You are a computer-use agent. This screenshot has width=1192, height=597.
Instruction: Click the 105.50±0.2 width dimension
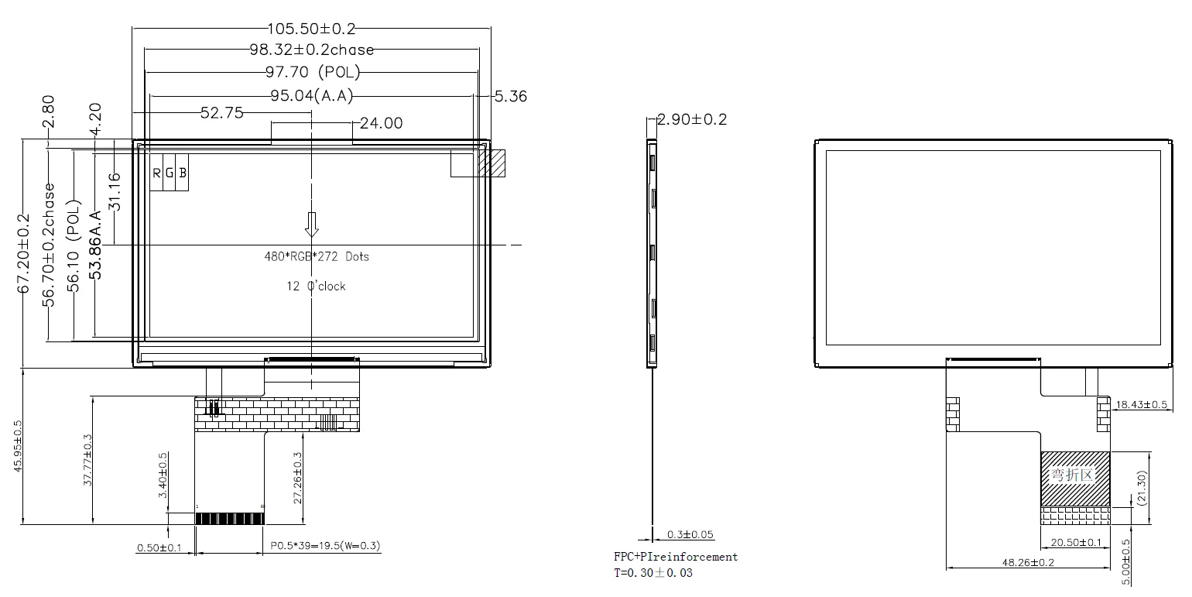click(x=311, y=29)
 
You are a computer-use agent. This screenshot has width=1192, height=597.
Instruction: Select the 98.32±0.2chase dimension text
click(x=311, y=50)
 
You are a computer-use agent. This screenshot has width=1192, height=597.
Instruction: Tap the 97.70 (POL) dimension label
click(x=311, y=73)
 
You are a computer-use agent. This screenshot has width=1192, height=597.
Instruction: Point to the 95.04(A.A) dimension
click(x=311, y=96)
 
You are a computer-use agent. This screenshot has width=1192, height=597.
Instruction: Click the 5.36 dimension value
click(x=510, y=96)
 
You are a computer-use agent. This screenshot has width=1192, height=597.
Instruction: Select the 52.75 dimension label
click(x=221, y=113)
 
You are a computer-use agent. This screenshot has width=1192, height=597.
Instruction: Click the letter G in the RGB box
click(x=170, y=173)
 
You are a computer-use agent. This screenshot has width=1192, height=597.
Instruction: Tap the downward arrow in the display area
click(x=311, y=224)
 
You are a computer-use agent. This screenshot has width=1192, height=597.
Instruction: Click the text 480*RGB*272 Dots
click(x=317, y=256)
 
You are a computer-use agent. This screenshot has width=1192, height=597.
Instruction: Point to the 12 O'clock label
click(x=317, y=286)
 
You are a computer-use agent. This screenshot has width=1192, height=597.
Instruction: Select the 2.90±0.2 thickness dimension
click(x=692, y=120)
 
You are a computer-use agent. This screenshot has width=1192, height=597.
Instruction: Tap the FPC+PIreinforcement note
click(x=676, y=557)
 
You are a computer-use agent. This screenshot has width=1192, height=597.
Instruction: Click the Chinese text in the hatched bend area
click(x=1073, y=475)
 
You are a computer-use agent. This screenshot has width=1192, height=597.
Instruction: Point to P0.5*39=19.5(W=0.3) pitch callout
click(x=325, y=546)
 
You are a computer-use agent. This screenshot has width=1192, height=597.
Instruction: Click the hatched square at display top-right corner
click(x=491, y=163)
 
